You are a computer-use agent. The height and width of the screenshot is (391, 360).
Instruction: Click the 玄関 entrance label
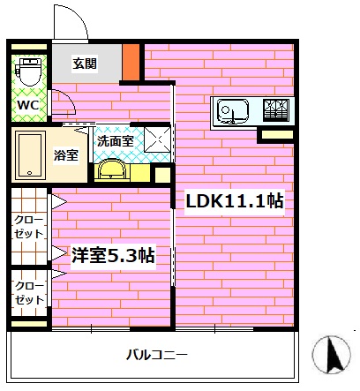point(85,64)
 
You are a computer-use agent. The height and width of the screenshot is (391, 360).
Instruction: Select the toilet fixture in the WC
point(29,71)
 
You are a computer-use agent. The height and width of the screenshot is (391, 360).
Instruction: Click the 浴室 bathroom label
point(65,155)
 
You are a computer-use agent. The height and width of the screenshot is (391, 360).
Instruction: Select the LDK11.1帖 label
point(233,201)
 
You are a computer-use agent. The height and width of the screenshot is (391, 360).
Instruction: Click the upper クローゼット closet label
point(29,227)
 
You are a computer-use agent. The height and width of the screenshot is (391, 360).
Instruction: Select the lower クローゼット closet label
point(29,293)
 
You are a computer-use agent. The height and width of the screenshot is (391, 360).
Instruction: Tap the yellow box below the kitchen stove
point(275,135)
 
